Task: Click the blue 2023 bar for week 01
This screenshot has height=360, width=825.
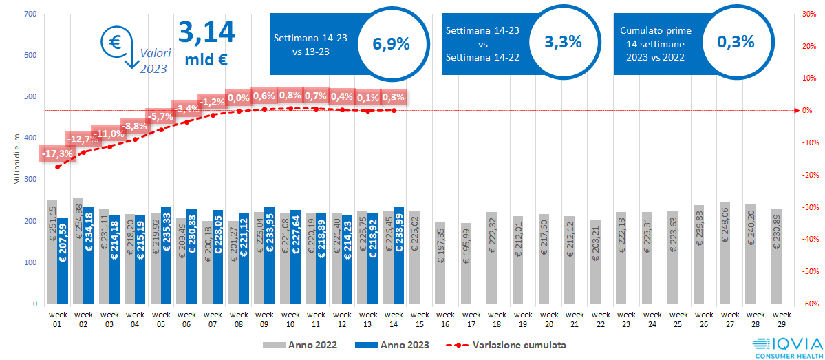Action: (x=63, y=261)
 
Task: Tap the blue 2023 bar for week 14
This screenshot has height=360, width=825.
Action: (x=398, y=255)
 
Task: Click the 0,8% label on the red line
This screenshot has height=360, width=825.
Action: (x=290, y=95)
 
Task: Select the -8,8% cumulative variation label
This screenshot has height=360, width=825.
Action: (x=135, y=126)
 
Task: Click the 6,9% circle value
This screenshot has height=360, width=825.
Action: (x=391, y=43)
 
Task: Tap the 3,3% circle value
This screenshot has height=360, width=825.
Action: (x=563, y=41)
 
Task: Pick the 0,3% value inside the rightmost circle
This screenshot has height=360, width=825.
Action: (x=736, y=41)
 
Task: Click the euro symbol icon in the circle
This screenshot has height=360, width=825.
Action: (x=114, y=41)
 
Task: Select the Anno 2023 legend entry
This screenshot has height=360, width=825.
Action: (x=392, y=344)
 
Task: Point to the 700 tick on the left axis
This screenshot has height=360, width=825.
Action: (x=30, y=14)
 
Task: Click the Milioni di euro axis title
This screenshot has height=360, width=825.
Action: (x=17, y=159)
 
